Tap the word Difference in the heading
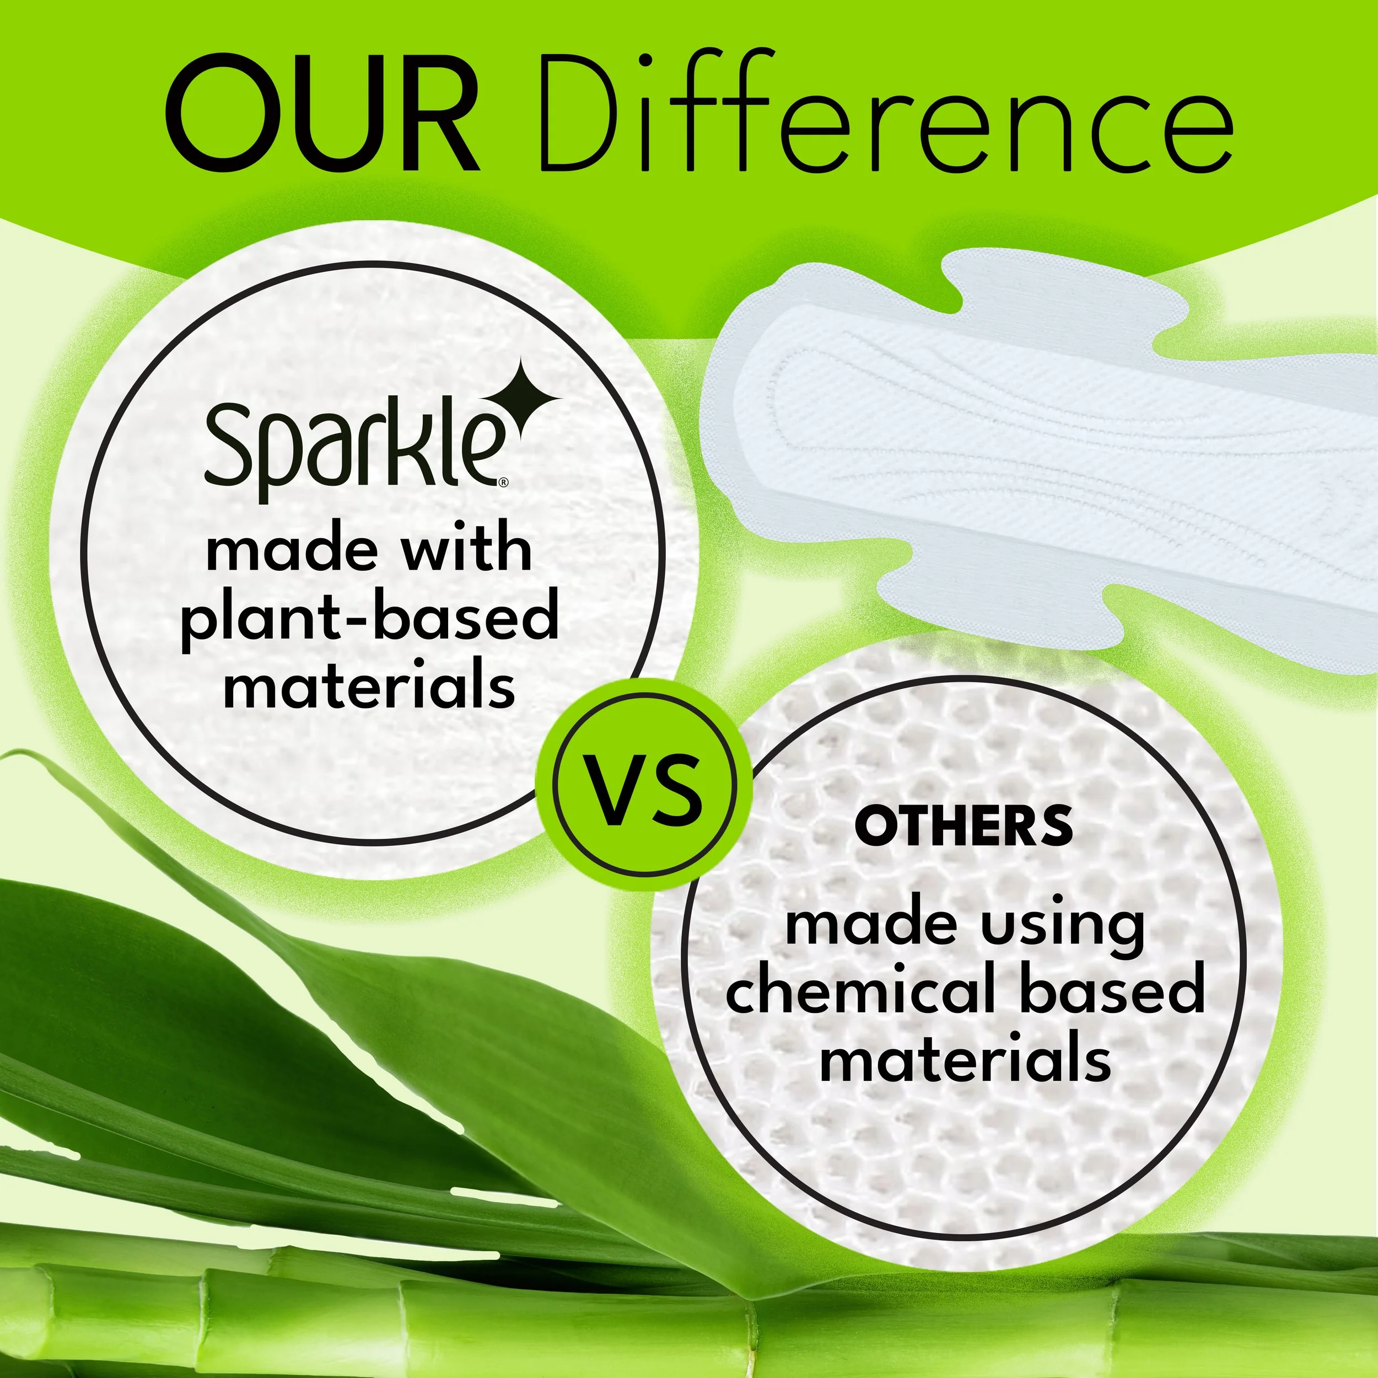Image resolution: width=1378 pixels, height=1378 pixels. [885, 114]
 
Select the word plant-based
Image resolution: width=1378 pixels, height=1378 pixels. [369, 619]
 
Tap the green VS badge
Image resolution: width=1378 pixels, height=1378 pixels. [644, 784]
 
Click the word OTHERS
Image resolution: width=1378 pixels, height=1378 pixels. [963, 827]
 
